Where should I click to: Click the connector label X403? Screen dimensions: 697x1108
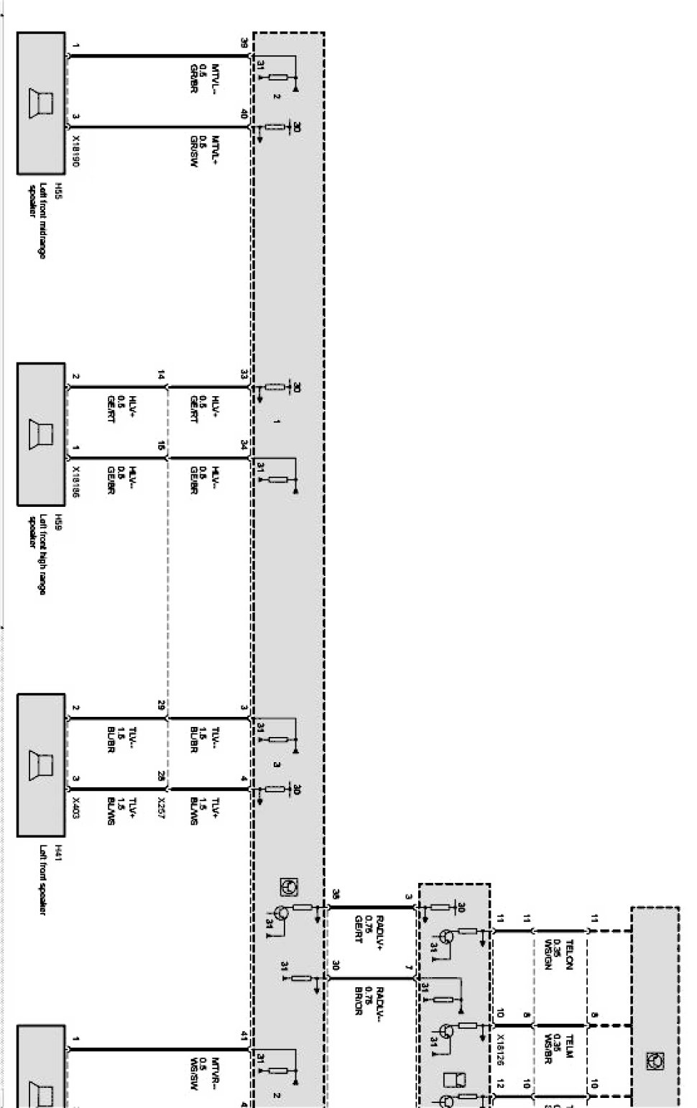(x=76, y=803)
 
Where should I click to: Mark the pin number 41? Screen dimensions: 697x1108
(x=244, y=1036)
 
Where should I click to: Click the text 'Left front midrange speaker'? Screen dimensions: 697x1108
(x=35, y=220)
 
